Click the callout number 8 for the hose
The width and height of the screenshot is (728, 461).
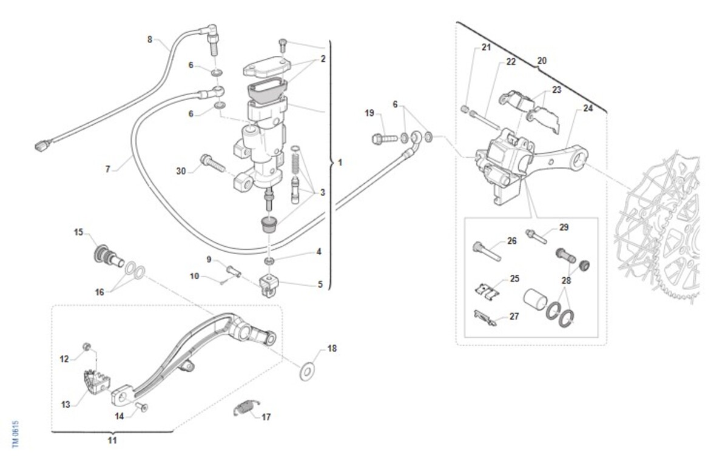click(x=150, y=39)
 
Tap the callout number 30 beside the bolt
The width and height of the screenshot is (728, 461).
click(x=181, y=171)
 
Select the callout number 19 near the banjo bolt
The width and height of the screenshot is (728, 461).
click(x=369, y=113)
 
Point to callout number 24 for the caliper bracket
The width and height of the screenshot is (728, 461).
click(x=588, y=109)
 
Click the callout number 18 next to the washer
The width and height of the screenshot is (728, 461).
click(x=332, y=349)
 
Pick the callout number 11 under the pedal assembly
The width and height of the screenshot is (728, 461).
click(x=112, y=440)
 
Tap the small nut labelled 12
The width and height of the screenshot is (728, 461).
click(x=87, y=347)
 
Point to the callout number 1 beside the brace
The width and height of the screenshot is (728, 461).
click(x=340, y=163)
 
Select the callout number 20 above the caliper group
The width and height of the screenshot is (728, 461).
click(x=542, y=61)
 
